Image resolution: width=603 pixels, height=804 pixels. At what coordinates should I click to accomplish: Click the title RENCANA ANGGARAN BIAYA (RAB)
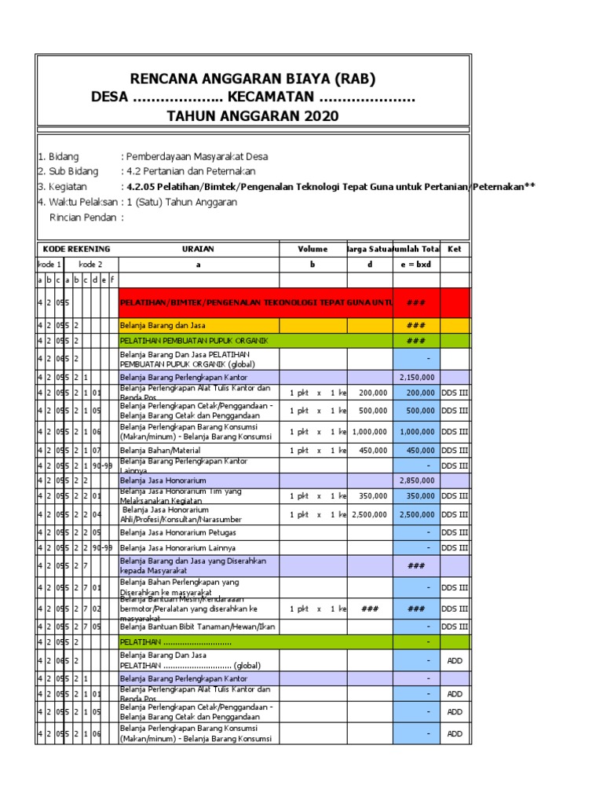[x=253, y=79]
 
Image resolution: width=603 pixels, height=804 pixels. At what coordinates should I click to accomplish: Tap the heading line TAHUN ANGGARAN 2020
[x=253, y=116]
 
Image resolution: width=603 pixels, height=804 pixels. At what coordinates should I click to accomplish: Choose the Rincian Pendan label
[x=82, y=217]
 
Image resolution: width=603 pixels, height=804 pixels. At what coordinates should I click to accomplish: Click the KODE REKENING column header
[x=76, y=249]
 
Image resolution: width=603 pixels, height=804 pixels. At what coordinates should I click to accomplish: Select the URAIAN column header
[x=198, y=249]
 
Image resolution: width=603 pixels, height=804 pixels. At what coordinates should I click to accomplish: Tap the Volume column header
[x=312, y=249]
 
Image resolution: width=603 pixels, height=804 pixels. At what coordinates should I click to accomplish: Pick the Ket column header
[x=454, y=249]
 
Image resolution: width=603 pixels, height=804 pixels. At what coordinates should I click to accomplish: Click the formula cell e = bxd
[x=416, y=265]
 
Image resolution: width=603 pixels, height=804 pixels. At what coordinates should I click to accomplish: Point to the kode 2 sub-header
[x=90, y=265]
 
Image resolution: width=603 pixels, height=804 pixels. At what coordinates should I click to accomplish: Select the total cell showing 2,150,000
[x=417, y=377]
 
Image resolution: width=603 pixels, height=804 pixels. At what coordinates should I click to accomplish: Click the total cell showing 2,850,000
[x=417, y=479]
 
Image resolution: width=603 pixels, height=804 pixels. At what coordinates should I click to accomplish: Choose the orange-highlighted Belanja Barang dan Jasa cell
[x=198, y=325]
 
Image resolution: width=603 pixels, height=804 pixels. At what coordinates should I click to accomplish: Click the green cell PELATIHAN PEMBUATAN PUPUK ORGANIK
[x=198, y=341]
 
